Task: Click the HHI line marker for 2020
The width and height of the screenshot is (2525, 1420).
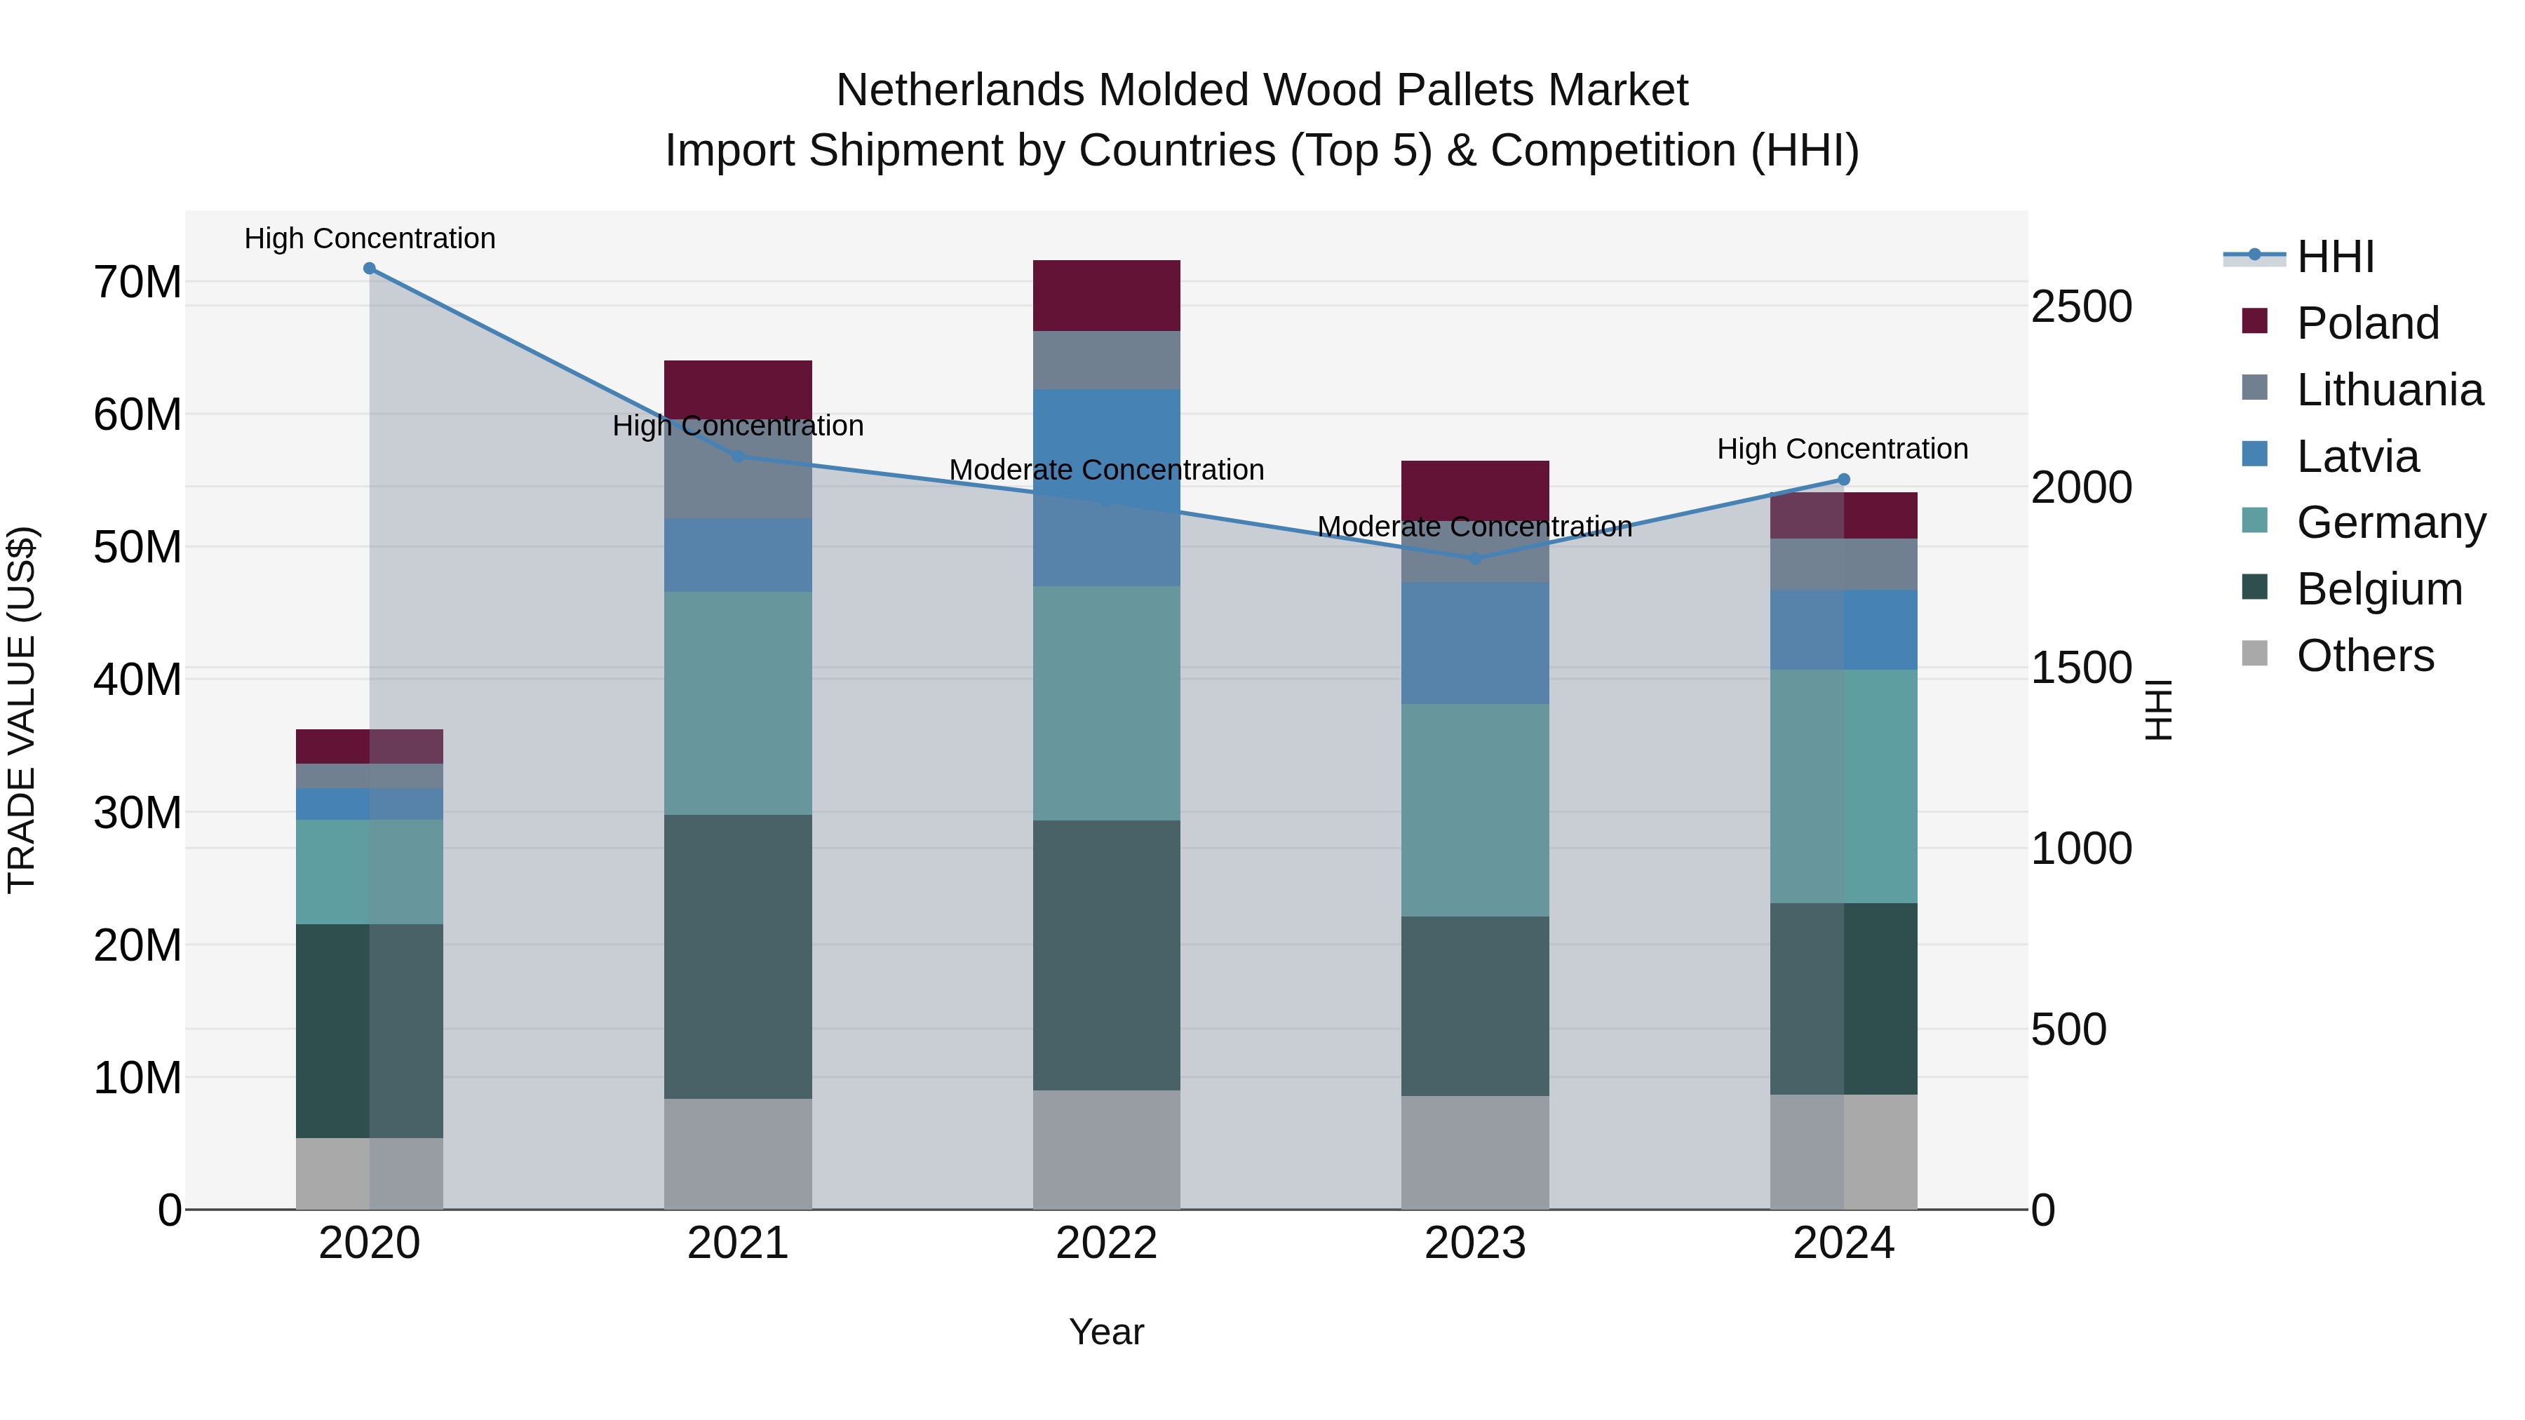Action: click(x=370, y=269)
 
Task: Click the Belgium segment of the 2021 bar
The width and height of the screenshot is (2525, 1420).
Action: click(x=738, y=956)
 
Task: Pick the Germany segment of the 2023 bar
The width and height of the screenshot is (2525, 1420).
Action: click(x=1474, y=809)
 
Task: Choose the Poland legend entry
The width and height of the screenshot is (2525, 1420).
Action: click(x=2366, y=323)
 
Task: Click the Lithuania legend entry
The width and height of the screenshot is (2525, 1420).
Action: click(x=2389, y=390)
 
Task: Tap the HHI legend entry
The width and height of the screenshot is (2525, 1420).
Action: click(x=2335, y=257)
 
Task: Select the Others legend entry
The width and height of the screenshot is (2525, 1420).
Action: click(x=2364, y=656)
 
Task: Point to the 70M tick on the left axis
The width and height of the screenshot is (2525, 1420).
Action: click(x=137, y=282)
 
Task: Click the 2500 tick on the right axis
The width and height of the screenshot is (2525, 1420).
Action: click(x=2081, y=306)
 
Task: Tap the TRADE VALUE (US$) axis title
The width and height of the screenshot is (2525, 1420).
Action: click(x=22, y=710)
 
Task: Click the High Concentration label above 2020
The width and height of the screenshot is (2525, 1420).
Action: click(x=370, y=238)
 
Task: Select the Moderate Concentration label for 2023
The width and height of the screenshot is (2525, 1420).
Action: click(x=1474, y=527)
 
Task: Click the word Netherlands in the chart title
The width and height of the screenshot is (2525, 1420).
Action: click(x=961, y=90)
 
